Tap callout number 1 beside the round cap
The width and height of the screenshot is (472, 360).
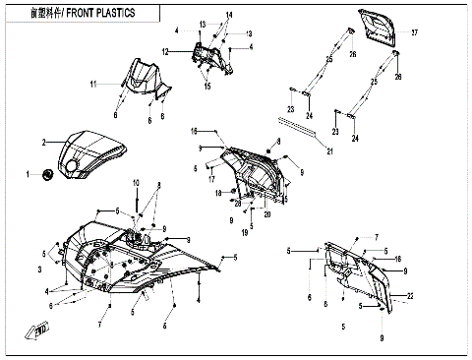(x=29, y=174)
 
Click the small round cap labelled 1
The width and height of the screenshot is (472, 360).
(x=47, y=175)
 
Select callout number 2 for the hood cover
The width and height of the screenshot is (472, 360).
(x=43, y=143)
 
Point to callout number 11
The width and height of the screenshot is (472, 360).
(x=94, y=86)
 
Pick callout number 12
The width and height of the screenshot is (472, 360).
(x=166, y=51)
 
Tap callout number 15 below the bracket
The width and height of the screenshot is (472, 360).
(x=206, y=87)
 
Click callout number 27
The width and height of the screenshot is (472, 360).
(x=414, y=32)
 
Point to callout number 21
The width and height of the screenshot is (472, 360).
(x=330, y=150)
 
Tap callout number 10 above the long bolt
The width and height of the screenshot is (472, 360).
(x=137, y=181)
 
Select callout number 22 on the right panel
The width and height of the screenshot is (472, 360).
(x=410, y=296)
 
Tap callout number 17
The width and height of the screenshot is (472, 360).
(x=210, y=178)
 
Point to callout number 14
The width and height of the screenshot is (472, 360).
(x=230, y=15)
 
